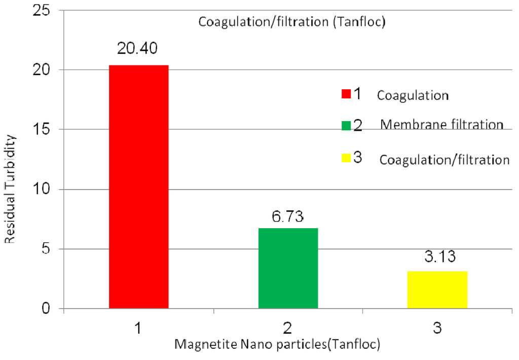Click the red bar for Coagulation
(138, 187)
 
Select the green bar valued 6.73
(288, 268)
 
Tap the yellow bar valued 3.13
(437, 290)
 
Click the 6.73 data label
(288, 217)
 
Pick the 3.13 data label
(437, 256)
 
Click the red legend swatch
(347, 94)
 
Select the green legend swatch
(347, 125)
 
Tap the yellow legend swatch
(347, 158)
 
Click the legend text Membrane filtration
(441, 125)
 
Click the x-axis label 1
(138, 328)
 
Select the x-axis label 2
(288, 328)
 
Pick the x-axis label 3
(437, 328)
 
